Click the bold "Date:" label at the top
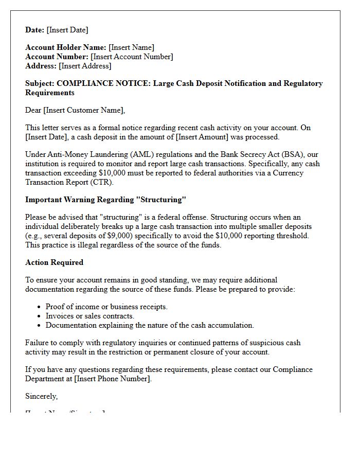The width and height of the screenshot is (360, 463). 35,30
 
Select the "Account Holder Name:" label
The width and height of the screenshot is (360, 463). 66,48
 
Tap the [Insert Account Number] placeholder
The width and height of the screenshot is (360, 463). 132,57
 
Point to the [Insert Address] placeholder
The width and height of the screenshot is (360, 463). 85,66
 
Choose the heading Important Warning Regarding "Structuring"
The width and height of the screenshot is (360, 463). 105,200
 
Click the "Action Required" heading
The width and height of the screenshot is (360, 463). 54,262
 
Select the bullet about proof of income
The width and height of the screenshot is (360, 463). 106,307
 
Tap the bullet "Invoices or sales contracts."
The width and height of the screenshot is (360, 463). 90,316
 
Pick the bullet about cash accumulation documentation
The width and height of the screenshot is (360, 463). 150,325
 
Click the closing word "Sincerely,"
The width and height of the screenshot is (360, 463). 41,396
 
